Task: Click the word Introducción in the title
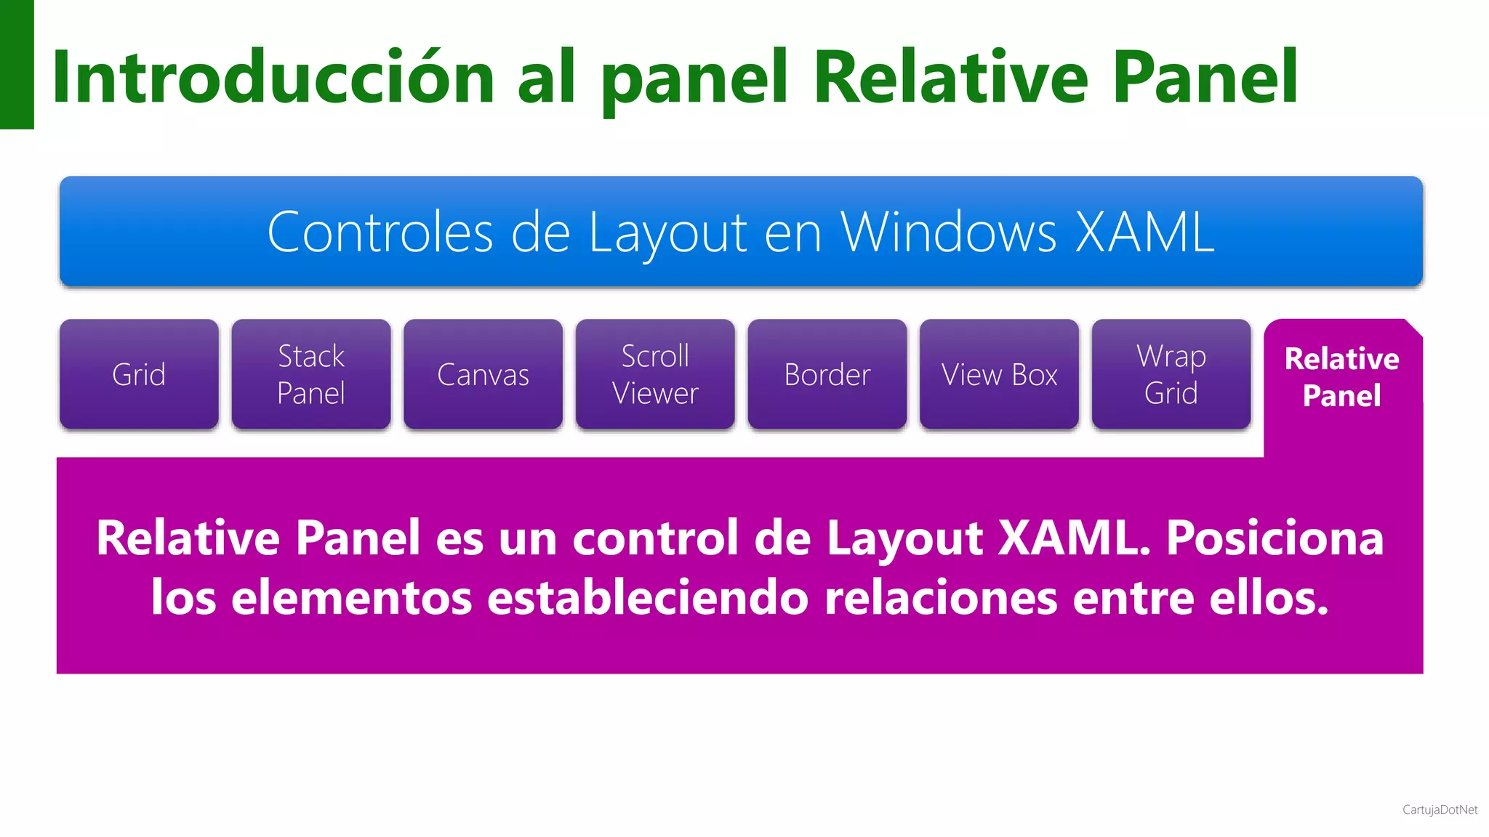click(x=273, y=77)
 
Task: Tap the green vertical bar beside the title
click(x=17, y=64)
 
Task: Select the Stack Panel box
click(x=311, y=374)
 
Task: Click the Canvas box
click(x=483, y=374)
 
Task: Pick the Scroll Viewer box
click(x=655, y=374)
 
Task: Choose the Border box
click(x=827, y=374)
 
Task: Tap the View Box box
click(x=999, y=374)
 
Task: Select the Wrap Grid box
click(x=1171, y=374)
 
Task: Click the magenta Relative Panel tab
click(x=1342, y=377)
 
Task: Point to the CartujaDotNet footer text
click(x=1440, y=809)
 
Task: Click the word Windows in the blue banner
click(x=948, y=232)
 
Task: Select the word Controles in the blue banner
click(x=380, y=232)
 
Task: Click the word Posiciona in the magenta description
click(x=1275, y=538)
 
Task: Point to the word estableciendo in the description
click(x=647, y=598)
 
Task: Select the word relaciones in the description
click(x=941, y=598)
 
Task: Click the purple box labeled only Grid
click(x=139, y=374)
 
